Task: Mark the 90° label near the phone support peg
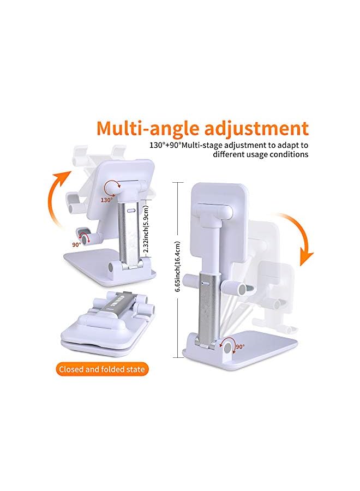click(76, 245)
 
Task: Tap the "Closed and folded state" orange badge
click(103, 369)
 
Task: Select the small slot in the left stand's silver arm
click(130, 209)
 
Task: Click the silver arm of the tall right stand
click(210, 306)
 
